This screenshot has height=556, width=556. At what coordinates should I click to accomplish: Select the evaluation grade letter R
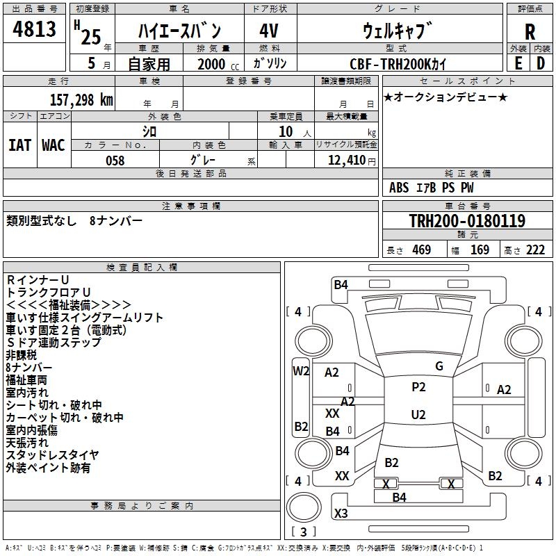coord(530,31)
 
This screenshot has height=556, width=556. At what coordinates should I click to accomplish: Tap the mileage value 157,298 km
coord(81,100)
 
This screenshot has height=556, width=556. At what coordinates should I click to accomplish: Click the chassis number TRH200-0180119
coord(466,221)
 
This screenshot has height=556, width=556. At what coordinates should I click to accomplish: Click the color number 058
coord(115,161)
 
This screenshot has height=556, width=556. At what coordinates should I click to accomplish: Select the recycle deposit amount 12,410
coord(345,161)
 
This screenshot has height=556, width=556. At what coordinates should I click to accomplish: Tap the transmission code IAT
coord(19,145)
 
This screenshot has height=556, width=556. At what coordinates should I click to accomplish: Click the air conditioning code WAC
coord(54,145)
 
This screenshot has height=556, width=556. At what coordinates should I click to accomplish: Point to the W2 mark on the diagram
coord(301,370)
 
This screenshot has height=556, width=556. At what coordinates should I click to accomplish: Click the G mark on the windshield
coord(439,366)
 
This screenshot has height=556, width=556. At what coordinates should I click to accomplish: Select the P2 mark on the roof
coord(418,387)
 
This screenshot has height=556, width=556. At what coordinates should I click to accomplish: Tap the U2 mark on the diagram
coord(418,415)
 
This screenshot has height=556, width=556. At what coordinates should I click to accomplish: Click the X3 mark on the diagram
coord(341,514)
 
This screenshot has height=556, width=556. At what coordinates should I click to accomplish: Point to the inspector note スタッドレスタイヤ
coord(53,455)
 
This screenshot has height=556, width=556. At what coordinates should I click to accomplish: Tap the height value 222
coord(535,250)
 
